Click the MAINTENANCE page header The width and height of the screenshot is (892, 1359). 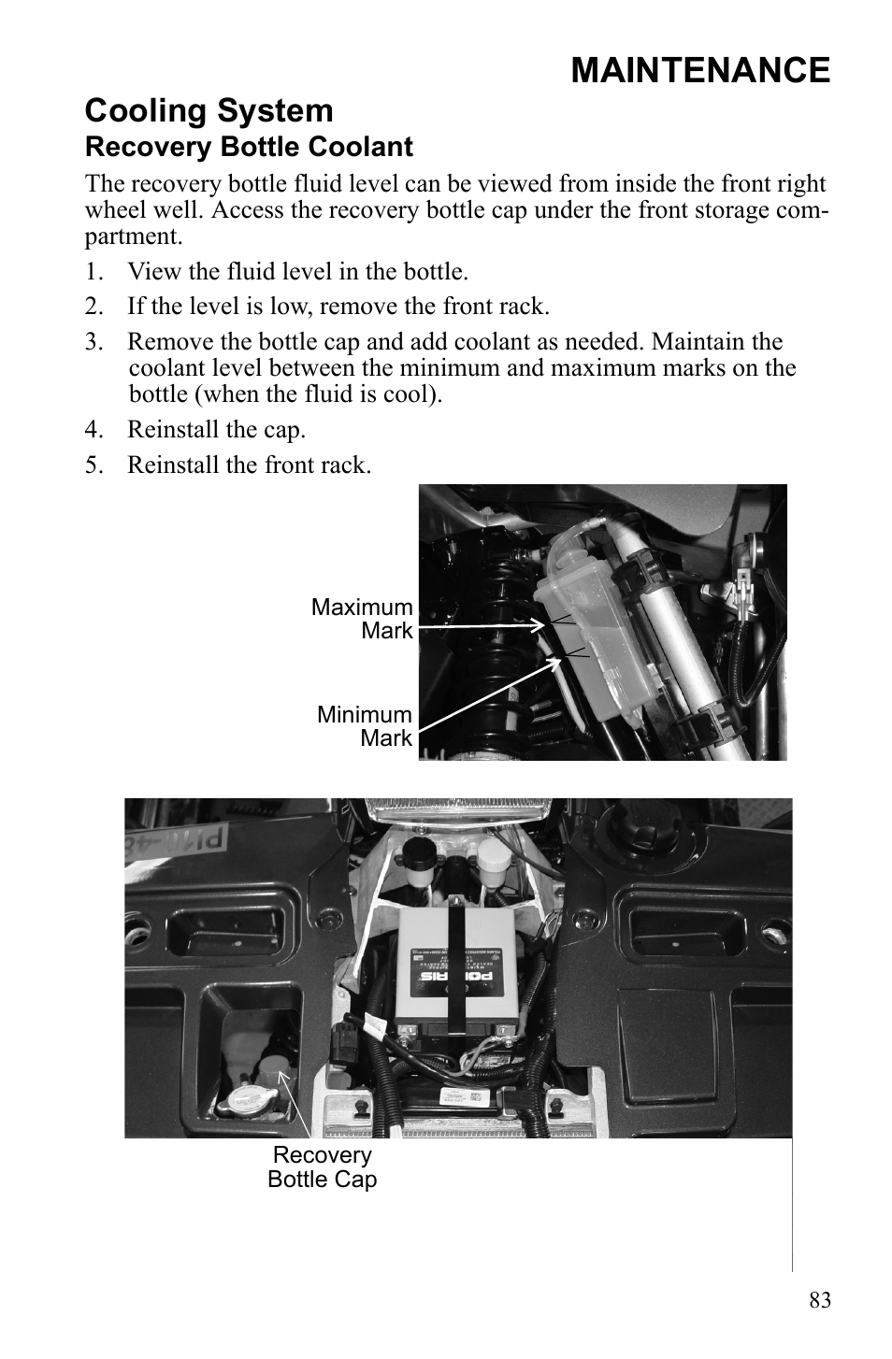(699, 70)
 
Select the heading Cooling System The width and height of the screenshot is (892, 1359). (209, 110)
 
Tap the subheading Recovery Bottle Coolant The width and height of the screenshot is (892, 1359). (249, 147)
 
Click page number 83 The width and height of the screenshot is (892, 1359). (820, 1300)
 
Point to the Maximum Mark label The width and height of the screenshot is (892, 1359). (362, 619)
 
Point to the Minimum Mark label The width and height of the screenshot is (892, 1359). (365, 726)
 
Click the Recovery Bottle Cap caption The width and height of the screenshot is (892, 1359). (322, 1166)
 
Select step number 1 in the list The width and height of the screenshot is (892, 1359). (92, 272)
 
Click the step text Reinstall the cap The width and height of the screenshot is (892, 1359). (216, 429)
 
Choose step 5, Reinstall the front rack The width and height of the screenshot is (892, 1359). (249, 465)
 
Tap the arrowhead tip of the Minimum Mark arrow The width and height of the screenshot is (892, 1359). (561, 660)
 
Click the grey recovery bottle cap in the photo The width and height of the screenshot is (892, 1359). (274, 1070)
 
